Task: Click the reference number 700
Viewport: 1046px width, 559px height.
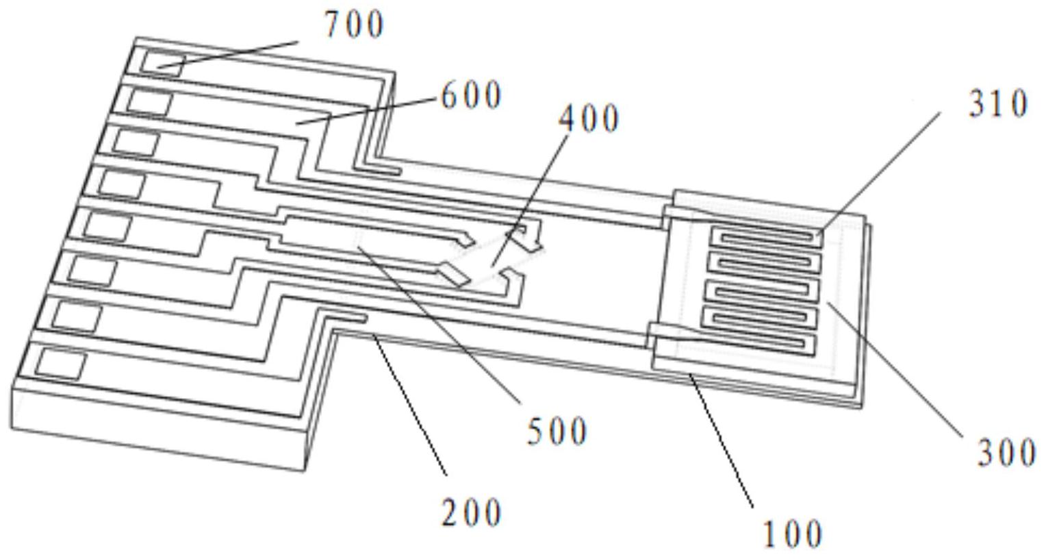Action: coord(353,25)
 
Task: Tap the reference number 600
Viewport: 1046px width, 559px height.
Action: coord(471,96)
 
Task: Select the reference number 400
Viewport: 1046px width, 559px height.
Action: coord(589,119)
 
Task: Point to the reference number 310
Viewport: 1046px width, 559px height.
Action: coord(998,104)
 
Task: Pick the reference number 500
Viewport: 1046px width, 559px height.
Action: coord(557,432)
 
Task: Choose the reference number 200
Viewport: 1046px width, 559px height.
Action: coord(471,512)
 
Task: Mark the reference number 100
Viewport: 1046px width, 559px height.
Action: coord(792,534)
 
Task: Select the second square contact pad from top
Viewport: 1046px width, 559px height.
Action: coord(149,102)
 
